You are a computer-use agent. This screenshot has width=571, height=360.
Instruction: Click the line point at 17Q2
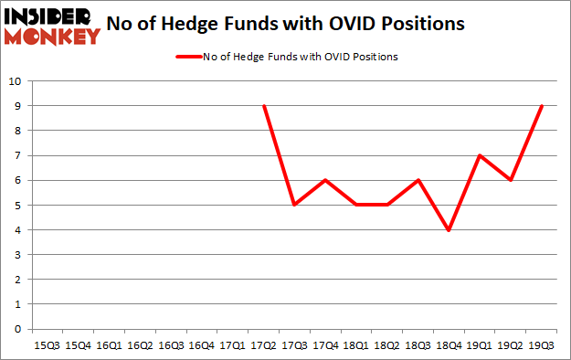pos(264,106)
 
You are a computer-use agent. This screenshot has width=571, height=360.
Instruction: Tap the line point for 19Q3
pos(543,106)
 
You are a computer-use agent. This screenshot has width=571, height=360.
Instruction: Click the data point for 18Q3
pos(418,180)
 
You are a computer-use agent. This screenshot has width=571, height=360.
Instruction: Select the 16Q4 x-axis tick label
pos(202,344)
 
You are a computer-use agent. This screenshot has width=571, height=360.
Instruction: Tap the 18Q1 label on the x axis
pos(357,344)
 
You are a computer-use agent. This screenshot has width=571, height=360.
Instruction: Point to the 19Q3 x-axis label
pos(543,344)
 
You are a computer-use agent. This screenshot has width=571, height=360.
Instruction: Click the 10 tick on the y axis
pos(15,81)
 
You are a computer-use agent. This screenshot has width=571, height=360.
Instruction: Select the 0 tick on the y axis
pos(17,329)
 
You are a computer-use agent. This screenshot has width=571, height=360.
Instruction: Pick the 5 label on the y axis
pos(17,205)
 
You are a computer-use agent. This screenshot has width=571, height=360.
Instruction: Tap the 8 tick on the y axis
pos(17,131)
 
